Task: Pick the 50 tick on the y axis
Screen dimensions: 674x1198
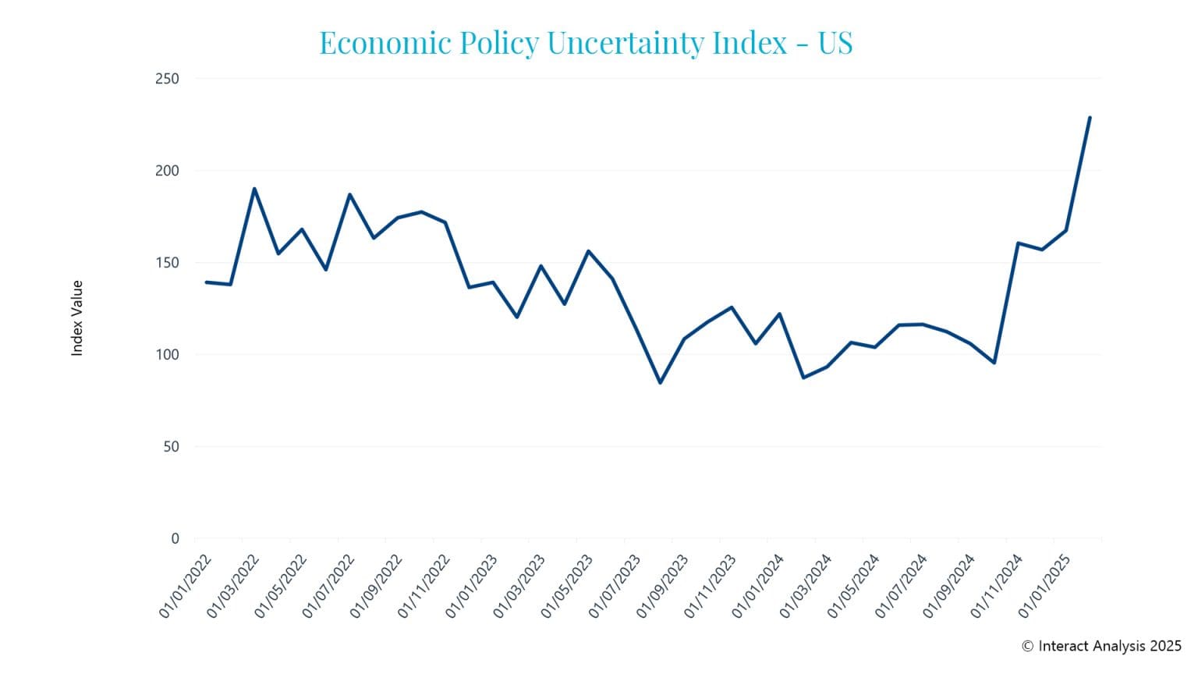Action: point(170,447)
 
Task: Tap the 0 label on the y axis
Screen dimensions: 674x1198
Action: point(175,538)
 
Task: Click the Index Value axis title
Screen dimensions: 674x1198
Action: point(77,318)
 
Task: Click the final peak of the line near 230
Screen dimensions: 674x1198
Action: point(1090,118)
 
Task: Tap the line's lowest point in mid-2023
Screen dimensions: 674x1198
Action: point(660,382)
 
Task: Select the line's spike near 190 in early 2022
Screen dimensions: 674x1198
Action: point(254,189)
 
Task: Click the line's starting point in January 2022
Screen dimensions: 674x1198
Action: point(207,282)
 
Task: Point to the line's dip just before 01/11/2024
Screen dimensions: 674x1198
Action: point(994,363)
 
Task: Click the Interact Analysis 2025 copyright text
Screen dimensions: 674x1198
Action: point(1101,646)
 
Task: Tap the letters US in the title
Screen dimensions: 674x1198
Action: point(835,43)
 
